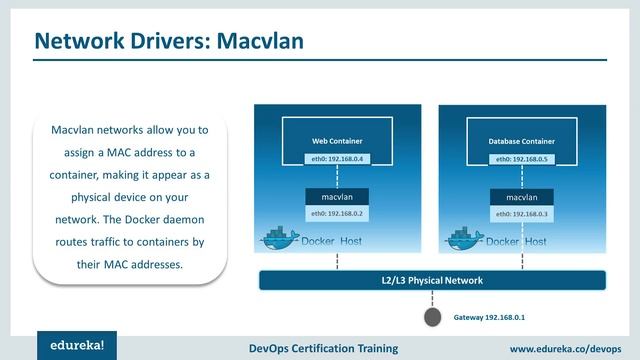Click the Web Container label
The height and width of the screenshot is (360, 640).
pyautogui.click(x=337, y=141)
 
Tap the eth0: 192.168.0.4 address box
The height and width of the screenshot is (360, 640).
pyautogui.click(x=337, y=158)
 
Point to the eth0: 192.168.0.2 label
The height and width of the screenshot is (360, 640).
pyautogui.click(x=337, y=213)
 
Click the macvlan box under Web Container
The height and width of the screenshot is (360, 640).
pyautogui.click(x=337, y=197)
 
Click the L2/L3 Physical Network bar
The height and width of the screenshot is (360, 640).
pyautogui.click(x=434, y=281)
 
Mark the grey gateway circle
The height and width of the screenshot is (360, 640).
pyautogui.click(x=432, y=317)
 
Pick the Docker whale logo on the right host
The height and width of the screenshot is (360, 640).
pyautogui.click(x=461, y=241)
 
